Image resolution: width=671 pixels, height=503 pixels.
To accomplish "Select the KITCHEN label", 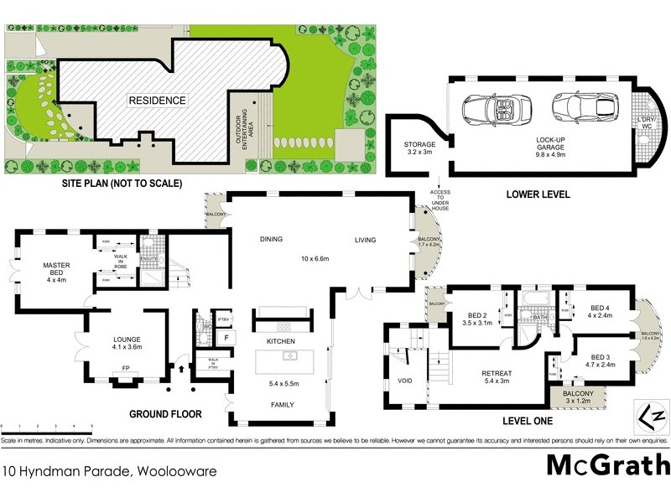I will pyautogui.click(x=283, y=343).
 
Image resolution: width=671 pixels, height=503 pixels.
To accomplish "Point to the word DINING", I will pyautogui.click(x=271, y=238).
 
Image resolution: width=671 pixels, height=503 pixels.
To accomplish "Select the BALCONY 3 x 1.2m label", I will pyautogui.click(x=578, y=397).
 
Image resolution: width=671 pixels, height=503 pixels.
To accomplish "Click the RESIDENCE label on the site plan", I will pyautogui.click(x=156, y=101).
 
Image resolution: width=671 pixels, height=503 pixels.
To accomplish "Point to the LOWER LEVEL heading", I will pyautogui.click(x=538, y=194).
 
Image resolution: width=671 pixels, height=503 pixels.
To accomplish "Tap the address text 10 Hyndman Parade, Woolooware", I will pyautogui.click(x=109, y=471).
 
